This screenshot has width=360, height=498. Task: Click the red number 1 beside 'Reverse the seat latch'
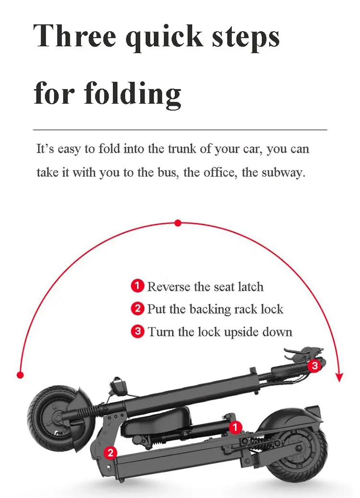(137, 287)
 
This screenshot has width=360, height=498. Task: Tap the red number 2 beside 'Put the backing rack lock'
(138, 309)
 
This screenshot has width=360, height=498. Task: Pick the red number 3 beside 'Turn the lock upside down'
(138, 331)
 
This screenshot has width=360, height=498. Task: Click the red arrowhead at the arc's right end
(340, 377)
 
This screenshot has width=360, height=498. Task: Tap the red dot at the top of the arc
(178, 223)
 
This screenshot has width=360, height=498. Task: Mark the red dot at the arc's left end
(20, 375)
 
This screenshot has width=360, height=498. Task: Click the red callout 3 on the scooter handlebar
(314, 366)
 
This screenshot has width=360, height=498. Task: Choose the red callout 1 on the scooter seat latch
(235, 426)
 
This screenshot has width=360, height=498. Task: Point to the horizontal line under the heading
(180, 130)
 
